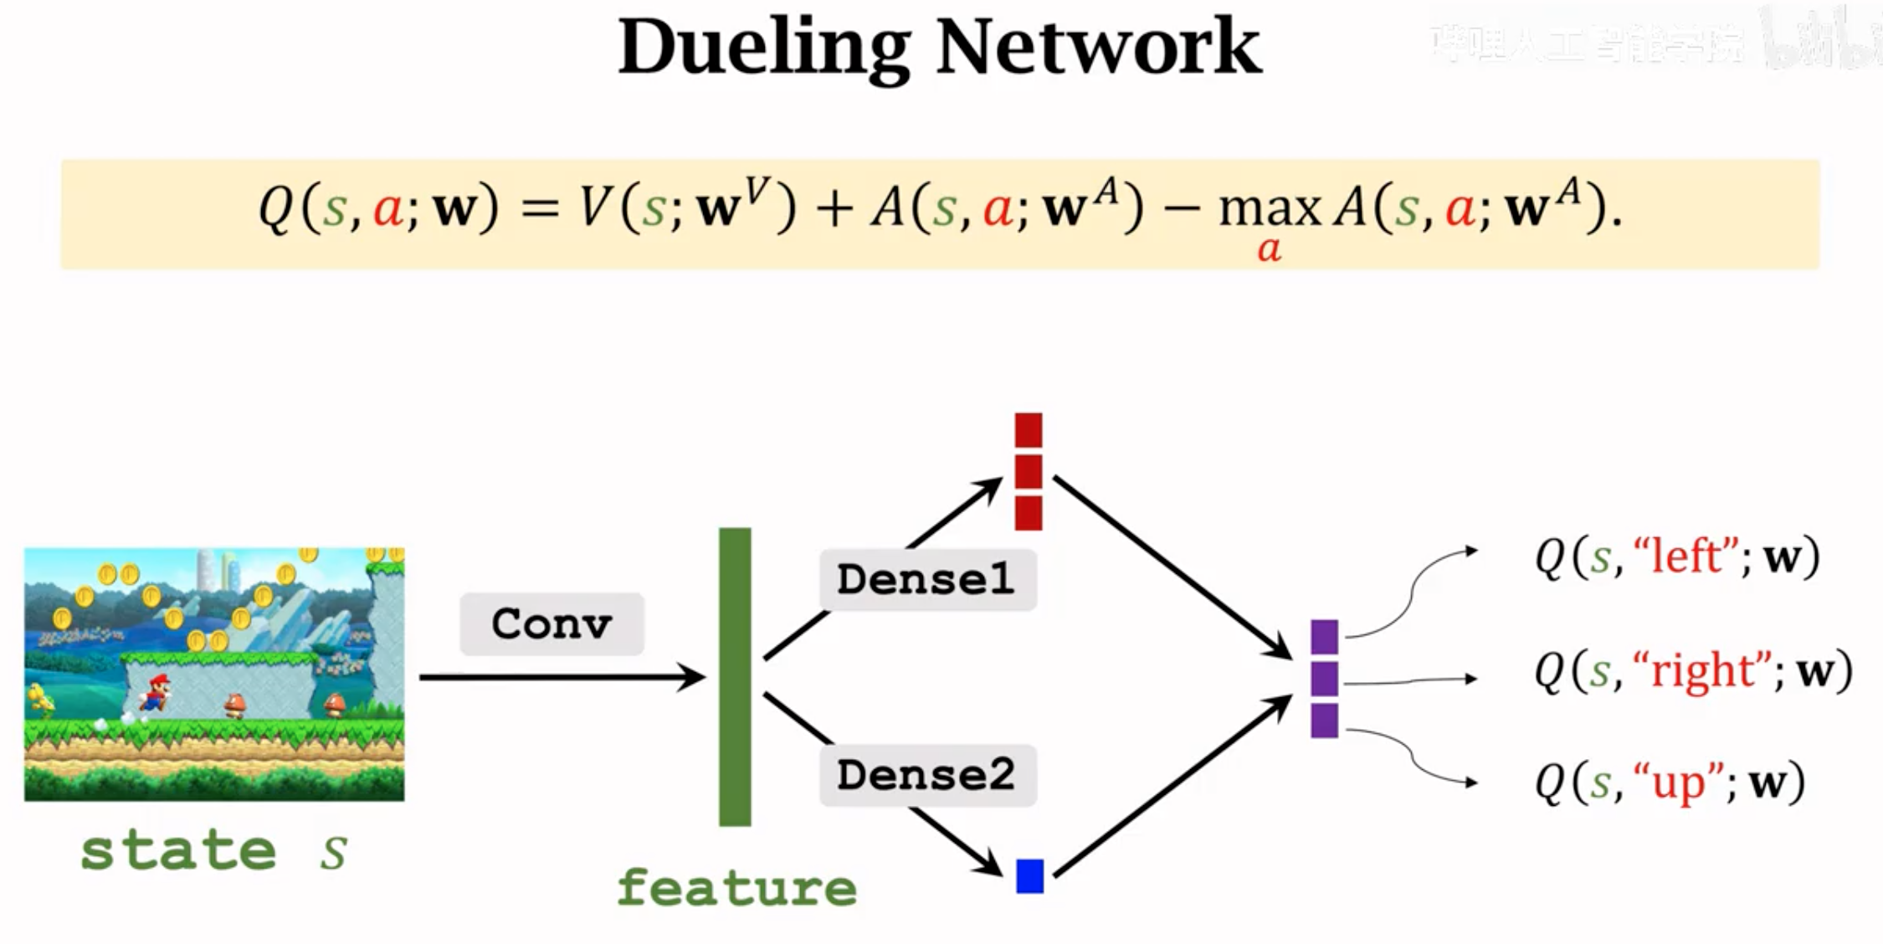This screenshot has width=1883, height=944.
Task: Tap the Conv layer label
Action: click(x=552, y=624)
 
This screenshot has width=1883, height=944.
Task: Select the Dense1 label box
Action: click(x=927, y=579)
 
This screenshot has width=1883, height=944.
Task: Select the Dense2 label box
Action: click(x=927, y=775)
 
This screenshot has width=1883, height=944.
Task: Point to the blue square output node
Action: click(x=1029, y=876)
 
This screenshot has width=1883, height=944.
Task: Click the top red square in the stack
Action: click(x=1029, y=430)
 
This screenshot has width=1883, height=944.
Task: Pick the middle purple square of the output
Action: click(x=1324, y=679)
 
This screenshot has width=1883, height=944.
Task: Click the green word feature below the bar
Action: click(x=736, y=888)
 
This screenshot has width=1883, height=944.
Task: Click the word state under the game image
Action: click(x=178, y=851)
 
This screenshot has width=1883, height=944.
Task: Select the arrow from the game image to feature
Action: click(x=561, y=677)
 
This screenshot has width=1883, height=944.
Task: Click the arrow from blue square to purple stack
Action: click(x=1172, y=787)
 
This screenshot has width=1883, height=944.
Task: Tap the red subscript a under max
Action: click(x=1269, y=249)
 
